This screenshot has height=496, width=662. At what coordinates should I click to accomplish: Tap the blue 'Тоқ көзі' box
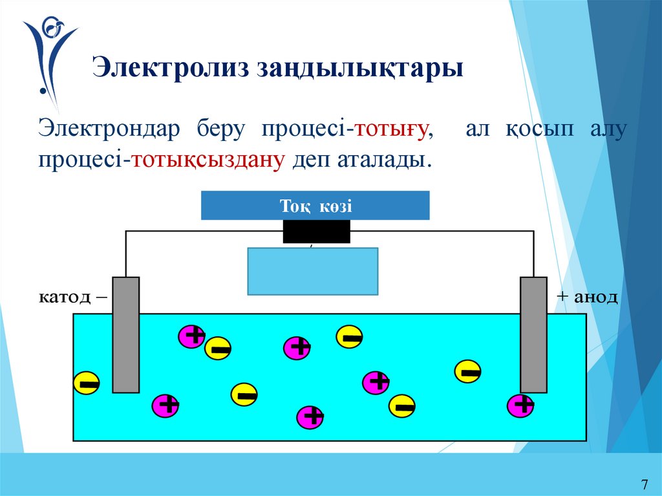point(315,206)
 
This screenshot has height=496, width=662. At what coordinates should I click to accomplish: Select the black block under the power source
point(316,232)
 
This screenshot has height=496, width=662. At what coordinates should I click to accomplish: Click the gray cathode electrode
point(125,334)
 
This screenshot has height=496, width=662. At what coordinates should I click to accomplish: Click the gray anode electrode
point(534,334)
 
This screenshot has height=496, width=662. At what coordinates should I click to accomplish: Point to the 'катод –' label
point(74,297)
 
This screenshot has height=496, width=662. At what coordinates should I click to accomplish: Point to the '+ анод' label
point(587,297)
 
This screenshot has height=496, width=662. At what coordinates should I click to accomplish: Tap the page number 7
point(644,484)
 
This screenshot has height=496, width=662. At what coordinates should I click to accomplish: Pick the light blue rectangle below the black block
point(313,271)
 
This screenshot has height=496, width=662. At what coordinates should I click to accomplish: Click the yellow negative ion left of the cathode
point(87,383)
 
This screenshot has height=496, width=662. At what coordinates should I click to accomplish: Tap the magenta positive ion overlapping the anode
point(520,405)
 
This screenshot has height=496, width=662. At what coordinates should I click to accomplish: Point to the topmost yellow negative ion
point(350,336)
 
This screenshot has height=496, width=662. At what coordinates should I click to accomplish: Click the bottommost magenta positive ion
point(310,417)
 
